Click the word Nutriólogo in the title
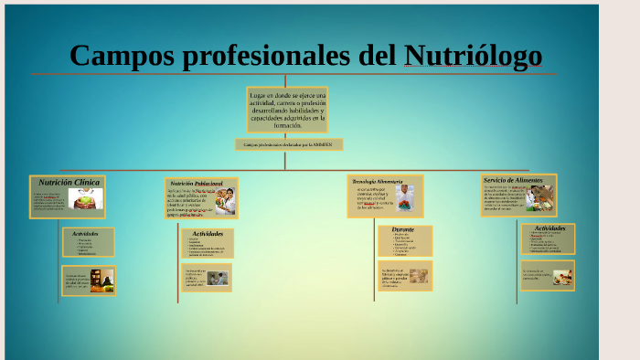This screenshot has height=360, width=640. pyautogui.click(x=473, y=56)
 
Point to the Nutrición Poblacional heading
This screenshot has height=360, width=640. pyautogui.click(x=196, y=184)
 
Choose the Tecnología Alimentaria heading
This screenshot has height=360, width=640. pyautogui.click(x=377, y=181)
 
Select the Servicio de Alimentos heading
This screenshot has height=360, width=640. pyautogui.click(x=513, y=180)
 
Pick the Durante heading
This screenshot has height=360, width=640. pyautogui.click(x=403, y=229)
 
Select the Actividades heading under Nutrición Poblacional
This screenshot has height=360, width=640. pyautogui.click(x=208, y=233)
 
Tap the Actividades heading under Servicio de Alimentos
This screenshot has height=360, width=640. pyautogui.click(x=549, y=228)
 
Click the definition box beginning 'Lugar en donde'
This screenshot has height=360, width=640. pyautogui.click(x=287, y=110)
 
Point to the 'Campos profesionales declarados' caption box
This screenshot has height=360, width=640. pyautogui.click(x=288, y=144)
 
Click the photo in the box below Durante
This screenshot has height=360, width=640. pyautogui.click(x=418, y=275)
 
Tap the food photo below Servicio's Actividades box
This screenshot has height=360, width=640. pyautogui.click(x=562, y=275)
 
